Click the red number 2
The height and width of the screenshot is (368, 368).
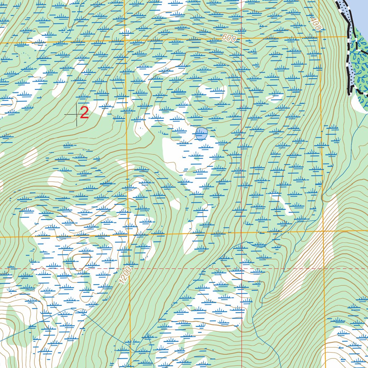84,113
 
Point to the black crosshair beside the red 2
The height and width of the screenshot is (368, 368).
76,115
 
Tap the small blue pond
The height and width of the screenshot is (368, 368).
201,134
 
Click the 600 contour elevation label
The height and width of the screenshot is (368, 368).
229,38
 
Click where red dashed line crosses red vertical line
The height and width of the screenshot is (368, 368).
241,268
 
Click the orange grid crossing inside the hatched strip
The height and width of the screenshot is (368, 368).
323,231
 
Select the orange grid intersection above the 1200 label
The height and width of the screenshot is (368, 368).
128,236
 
